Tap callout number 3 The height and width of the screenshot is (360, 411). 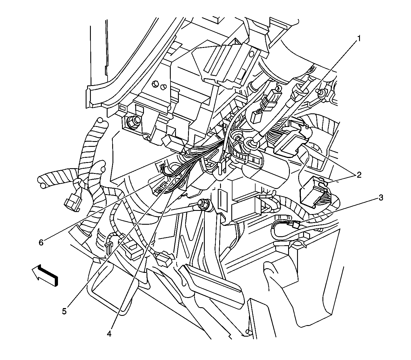click(x=380, y=198)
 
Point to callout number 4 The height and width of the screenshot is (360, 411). click(x=109, y=334)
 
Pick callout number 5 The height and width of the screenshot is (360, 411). click(x=64, y=311)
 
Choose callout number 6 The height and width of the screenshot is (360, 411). click(x=41, y=243)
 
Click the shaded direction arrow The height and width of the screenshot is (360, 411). click(x=45, y=275)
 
